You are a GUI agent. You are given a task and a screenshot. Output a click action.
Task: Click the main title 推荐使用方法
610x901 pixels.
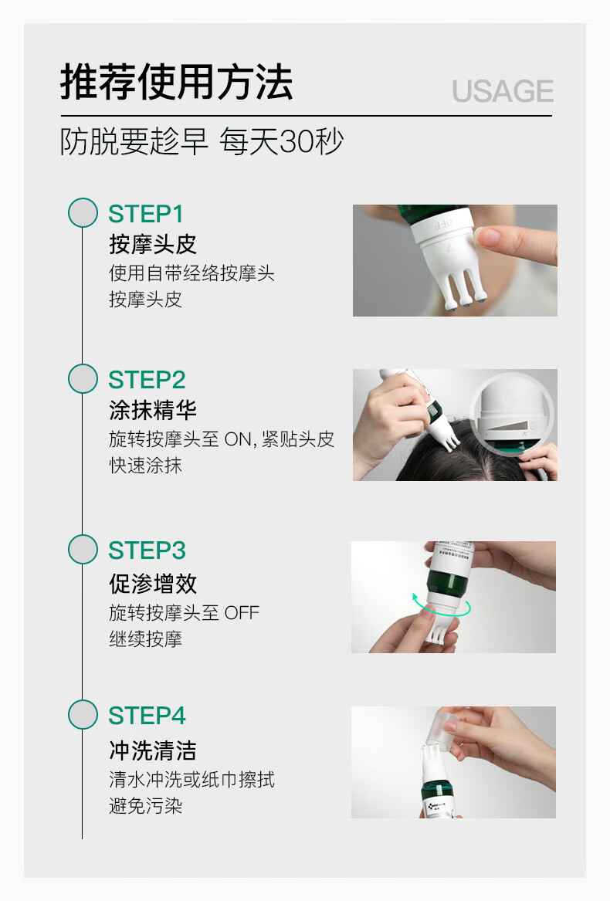click(x=177, y=82)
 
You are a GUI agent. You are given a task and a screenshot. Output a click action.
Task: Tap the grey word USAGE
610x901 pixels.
click(x=503, y=91)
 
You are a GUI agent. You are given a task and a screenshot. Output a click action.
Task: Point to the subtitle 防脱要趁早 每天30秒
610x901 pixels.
click(x=202, y=141)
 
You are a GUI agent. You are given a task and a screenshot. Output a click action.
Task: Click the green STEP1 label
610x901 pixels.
click(x=145, y=214)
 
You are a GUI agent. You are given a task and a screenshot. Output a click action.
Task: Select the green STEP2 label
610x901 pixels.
click(x=147, y=380)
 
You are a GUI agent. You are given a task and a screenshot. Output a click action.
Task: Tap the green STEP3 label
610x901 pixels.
click(x=147, y=550)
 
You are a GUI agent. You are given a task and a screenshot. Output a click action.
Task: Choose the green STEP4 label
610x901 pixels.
click(x=147, y=716)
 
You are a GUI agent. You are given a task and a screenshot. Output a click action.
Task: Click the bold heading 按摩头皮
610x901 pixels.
click(x=153, y=244)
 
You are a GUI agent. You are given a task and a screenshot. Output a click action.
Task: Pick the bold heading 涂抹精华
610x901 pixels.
click(x=153, y=410)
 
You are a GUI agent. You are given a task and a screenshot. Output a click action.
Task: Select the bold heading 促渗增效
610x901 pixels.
click(x=153, y=583)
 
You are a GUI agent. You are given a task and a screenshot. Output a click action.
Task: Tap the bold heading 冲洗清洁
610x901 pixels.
click(x=153, y=750)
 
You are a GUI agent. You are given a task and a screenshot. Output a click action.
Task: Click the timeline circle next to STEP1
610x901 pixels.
click(x=83, y=212)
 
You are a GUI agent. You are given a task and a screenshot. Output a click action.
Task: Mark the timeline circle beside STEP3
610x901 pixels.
click(x=83, y=550)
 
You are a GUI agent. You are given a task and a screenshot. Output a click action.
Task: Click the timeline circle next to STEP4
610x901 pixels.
click(x=83, y=715)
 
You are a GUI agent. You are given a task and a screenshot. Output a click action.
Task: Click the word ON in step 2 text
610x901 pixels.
click(x=238, y=439)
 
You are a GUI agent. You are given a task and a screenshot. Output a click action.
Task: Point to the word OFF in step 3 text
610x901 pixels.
click(x=242, y=613)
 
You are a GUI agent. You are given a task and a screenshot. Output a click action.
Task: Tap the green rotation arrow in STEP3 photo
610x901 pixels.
click(x=442, y=607)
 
